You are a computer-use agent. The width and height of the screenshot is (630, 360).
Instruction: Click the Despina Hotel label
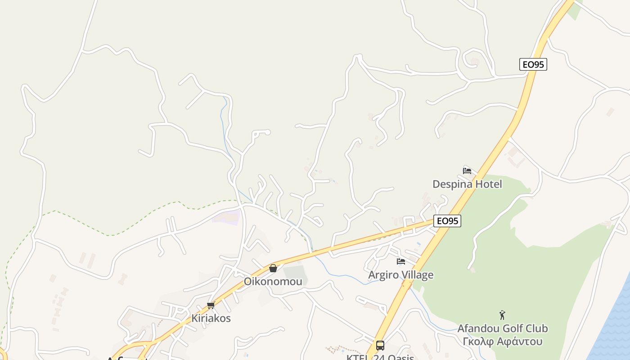[x=467, y=184]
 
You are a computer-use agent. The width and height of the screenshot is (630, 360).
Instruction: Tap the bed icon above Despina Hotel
[x=467, y=171]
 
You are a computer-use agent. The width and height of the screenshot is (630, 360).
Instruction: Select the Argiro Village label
[x=401, y=275]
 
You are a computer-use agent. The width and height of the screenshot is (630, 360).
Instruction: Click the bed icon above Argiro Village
[x=401, y=261]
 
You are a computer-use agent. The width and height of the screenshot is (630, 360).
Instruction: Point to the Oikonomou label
[x=273, y=282]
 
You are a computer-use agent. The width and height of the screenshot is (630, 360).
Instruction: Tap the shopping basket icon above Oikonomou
[x=273, y=269]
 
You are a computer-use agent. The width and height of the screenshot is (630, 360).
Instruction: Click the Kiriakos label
[x=211, y=318]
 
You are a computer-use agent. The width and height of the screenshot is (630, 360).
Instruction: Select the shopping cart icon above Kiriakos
[x=211, y=306]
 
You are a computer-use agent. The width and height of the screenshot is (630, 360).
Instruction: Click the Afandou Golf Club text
[x=503, y=328]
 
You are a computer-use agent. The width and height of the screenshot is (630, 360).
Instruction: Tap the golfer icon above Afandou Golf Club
[x=502, y=315]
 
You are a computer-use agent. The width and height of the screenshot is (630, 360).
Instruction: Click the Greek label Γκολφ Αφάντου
[x=503, y=341]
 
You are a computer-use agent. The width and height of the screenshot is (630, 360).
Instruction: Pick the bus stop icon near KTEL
[x=380, y=346]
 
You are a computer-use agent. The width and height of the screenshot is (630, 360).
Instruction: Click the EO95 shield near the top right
[x=533, y=64]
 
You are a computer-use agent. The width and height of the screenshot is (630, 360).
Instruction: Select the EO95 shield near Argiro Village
[x=447, y=221]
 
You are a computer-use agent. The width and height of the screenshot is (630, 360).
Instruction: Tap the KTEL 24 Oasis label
[x=380, y=357]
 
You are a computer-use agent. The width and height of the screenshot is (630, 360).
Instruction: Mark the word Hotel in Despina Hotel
[x=487, y=184]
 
